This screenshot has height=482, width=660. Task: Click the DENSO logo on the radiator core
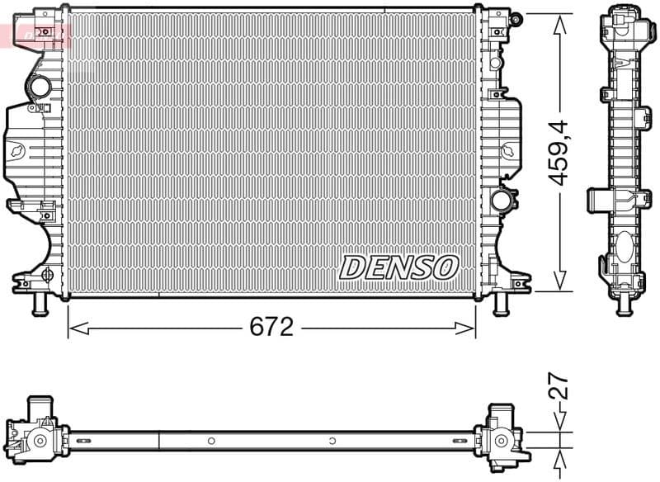coord(398,267)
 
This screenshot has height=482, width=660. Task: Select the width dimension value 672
coord(271,327)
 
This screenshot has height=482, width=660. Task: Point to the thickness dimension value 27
coord(560,387)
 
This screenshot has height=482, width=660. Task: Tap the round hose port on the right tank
coord(500,199)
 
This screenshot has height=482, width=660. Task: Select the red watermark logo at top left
coord(37,35)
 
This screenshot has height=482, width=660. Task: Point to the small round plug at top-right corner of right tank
coord(516,18)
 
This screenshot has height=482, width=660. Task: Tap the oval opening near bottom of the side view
coord(625,247)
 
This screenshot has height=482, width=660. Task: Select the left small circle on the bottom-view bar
coord(211,440)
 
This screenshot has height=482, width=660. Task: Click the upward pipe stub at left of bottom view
coord(39,407)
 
